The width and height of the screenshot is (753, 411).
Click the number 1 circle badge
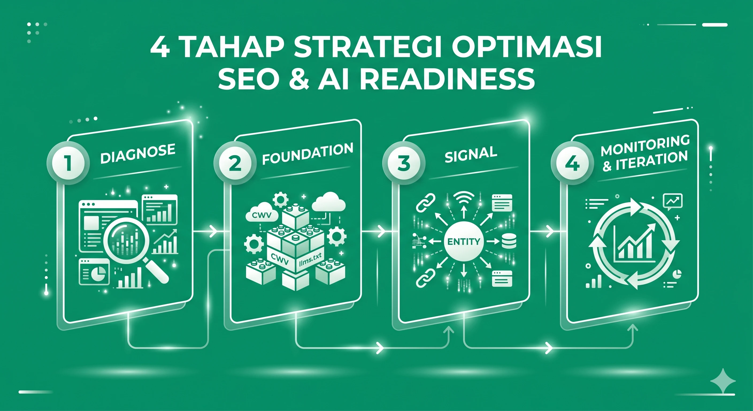[x=68, y=163]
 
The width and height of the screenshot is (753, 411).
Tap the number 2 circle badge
[x=235, y=163]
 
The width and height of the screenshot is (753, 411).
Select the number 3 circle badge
[x=404, y=163]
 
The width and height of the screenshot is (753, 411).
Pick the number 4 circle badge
[x=572, y=163]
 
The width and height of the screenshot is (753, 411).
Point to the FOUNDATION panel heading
[x=308, y=154]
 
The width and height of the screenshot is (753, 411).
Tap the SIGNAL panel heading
[x=471, y=154]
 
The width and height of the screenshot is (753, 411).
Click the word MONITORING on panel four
[x=645, y=146]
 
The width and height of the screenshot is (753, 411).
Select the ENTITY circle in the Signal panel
[x=464, y=242]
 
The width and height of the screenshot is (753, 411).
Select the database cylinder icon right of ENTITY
[x=509, y=241]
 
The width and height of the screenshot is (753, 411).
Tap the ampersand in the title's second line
[x=299, y=79]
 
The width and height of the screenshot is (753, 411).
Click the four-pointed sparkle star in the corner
[x=723, y=381]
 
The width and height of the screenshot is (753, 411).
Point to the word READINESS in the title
[x=447, y=79]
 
